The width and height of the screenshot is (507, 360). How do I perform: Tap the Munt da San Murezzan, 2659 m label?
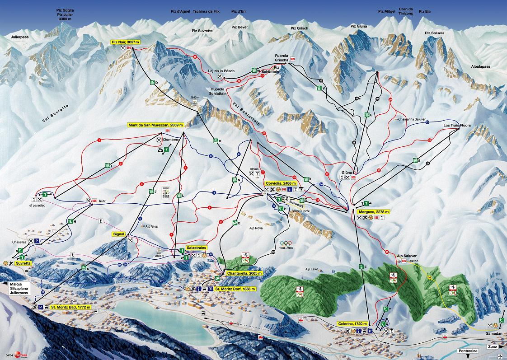click(x=156, y=125)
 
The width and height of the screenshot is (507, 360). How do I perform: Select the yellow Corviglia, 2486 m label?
click(x=281, y=184)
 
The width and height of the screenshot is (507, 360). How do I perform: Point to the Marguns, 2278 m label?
click(x=373, y=211)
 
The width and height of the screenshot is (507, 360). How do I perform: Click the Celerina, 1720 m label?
click(x=352, y=324)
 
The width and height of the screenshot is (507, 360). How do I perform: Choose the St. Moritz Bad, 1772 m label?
click(x=70, y=307)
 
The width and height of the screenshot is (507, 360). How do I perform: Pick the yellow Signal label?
click(x=119, y=234)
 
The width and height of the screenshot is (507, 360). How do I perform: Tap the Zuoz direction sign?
click(x=492, y=347)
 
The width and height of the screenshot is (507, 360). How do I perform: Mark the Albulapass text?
click(x=480, y=66)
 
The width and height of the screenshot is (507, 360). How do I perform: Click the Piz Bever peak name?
click(x=239, y=27)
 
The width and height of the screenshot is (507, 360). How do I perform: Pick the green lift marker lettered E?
click(x=361, y=267)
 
